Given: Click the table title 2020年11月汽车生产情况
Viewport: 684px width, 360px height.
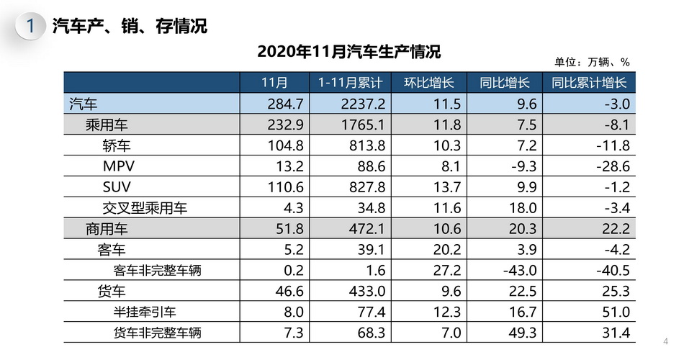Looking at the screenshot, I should [348, 52].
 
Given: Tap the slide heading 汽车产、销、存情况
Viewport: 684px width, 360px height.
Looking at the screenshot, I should [130, 27].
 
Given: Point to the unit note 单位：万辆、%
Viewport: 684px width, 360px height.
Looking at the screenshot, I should [592, 62].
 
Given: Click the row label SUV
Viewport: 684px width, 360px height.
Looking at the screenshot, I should [118, 187].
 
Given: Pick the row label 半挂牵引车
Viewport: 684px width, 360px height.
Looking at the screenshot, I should [145, 312].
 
